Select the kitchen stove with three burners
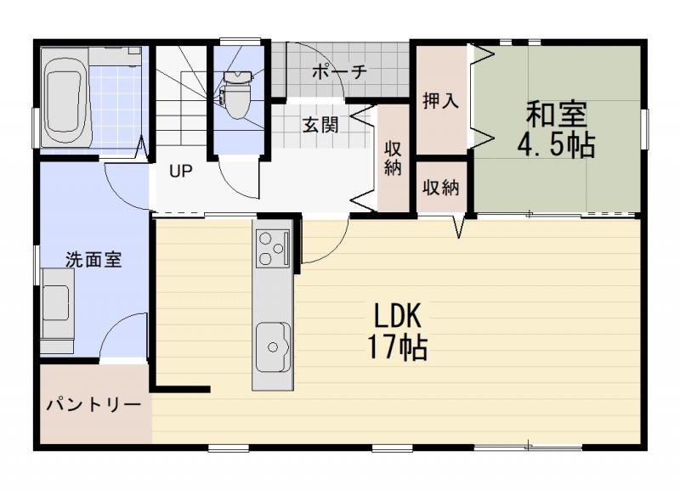click(273, 248)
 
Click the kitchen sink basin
click(273, 347)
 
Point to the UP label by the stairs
click(180, 172)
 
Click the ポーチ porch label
click(339, 71)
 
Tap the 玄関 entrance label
click(320, 125)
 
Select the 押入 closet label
click(440, 101)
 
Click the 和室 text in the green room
click(557, 115)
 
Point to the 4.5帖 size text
click(557, 144)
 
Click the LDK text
click(397, 316)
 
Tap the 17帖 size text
click(397, 347)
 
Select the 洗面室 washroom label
click(93, 260)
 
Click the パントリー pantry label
click(94, 405)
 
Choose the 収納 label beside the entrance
click(393, 158)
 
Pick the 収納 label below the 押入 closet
click(441, 188)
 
